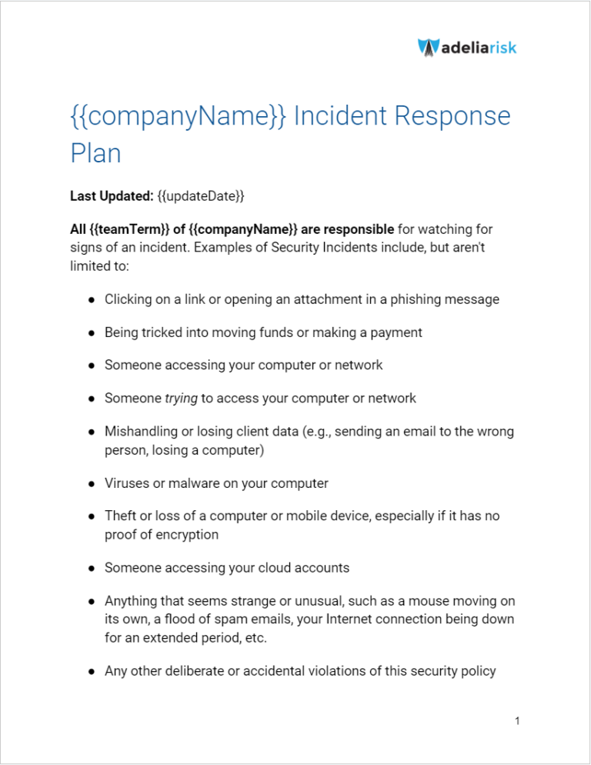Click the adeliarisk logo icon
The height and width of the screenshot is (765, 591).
click(x=429, y=47)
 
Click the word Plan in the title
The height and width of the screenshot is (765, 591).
click(x=95, y=152)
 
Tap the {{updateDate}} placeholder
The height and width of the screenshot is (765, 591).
click(x=201, y=196)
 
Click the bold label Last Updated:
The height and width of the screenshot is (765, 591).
click(x=111, y=196)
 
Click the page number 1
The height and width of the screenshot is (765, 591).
click(x=518, y=721)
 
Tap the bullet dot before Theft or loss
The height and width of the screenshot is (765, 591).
click(x=90, y=516)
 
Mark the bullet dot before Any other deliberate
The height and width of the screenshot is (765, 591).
click(x=90, y=671)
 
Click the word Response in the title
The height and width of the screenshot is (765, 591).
click(x=452, y=117)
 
